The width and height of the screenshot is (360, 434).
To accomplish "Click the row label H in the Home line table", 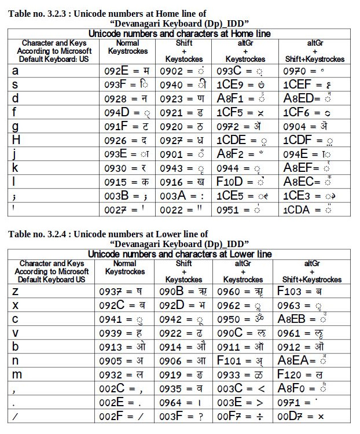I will tap(16, 140).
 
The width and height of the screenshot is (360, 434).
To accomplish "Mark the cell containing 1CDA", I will tap(308, 209).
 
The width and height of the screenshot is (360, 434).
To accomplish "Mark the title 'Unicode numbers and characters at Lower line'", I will tap(179, 255).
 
